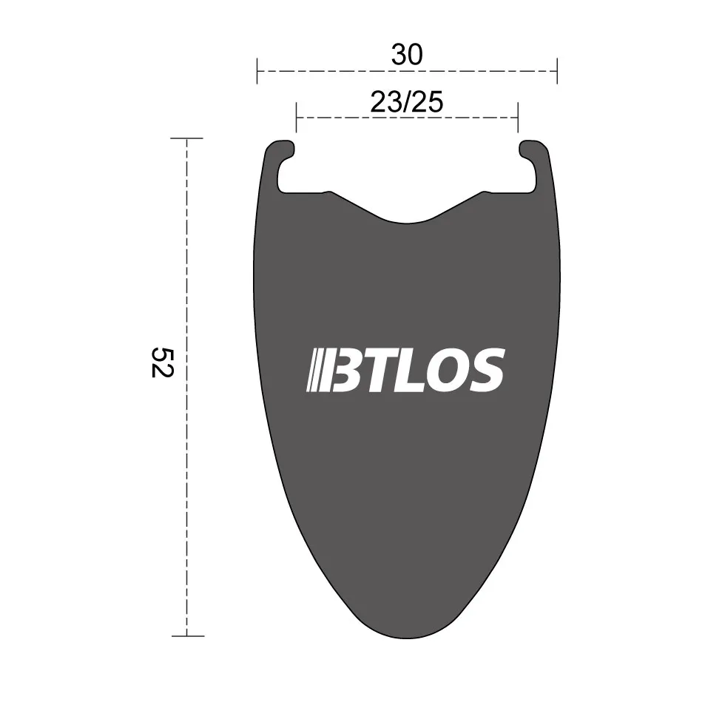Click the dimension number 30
[x=406, y=55]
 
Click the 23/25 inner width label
[x=406, y=102]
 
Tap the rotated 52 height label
[x=161, y=361]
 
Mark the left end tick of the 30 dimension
[x=257, y=72]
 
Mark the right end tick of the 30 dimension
[x=556, y=72]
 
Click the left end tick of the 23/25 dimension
[x=296, y=117]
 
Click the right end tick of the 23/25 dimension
[x=517, y=117]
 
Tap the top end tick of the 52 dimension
[x=186, y=138]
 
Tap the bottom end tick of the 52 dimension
[x=186, y=635]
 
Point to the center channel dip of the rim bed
[x=407, y=219]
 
